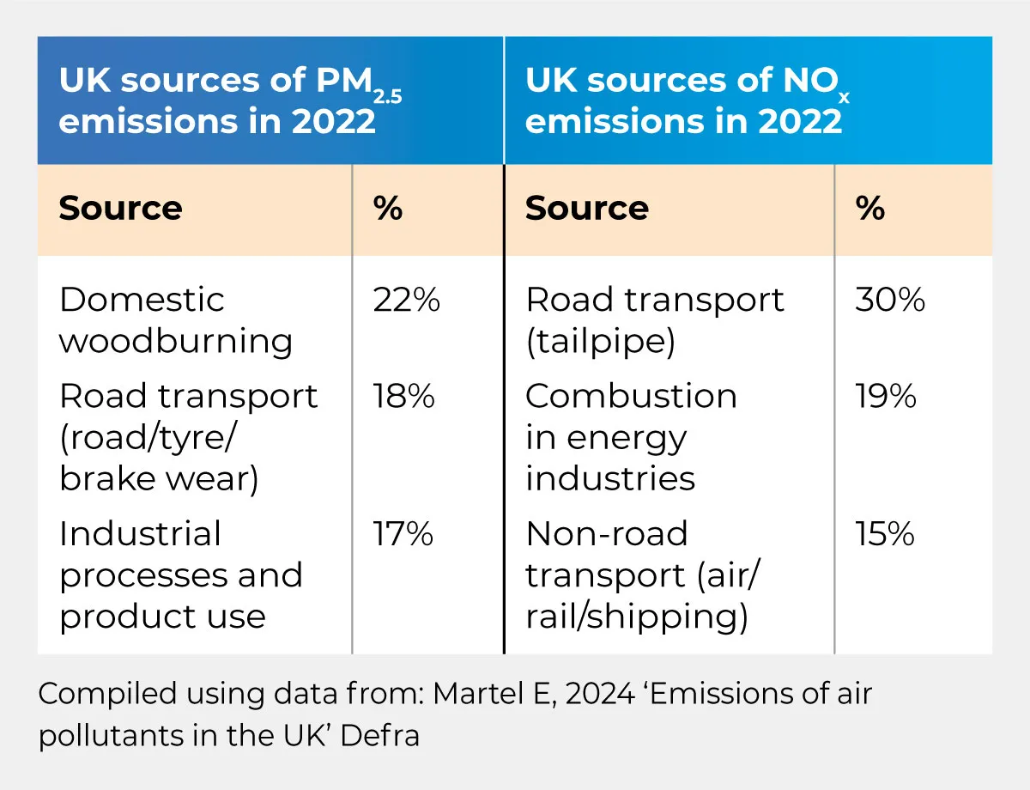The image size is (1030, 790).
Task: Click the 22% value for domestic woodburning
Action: click(x=406, y=301)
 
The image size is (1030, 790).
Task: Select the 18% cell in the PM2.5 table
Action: click(x=403, y=397)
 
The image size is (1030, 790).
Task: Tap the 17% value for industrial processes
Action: click(x=403, y=534)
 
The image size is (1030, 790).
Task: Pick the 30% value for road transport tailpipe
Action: click(x=890, y=301)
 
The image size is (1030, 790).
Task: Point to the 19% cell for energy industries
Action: click(x=886, y=397)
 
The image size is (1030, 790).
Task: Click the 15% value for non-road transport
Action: click(x=885, y=534)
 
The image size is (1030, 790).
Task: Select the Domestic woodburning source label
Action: click(x=176, y=320)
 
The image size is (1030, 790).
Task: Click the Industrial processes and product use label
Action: click(x=180, y=574)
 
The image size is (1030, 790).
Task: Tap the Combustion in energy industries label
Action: click(x=631, y=437)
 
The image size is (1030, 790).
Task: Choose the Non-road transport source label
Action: click(x=642, y=574)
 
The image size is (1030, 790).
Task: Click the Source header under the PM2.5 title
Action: click(x=120, y=209)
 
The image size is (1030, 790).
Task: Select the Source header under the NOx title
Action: click(x=587, y=209)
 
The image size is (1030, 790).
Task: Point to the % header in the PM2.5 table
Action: click(x=389, y=209)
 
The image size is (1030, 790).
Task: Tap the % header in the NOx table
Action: click(x=870, y=209)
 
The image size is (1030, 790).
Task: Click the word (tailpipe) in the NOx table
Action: click(x=600, y=342)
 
